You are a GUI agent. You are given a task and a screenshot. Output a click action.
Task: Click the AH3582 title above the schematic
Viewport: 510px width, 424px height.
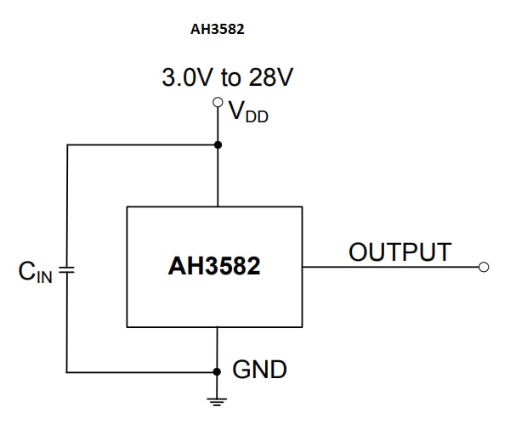point(218,28)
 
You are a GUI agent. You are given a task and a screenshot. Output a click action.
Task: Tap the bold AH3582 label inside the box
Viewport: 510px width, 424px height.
point(214,267)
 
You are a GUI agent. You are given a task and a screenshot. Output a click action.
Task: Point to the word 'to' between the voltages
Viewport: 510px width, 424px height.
point(231,79)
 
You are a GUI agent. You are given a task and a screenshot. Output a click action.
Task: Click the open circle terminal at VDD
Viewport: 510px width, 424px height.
point(218,104)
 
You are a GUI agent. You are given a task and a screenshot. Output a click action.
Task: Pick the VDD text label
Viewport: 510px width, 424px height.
point(249,112)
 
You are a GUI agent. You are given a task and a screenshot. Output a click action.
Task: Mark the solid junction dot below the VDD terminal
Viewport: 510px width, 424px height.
point(218,144)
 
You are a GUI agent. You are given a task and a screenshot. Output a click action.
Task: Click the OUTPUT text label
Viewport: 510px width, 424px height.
point(399,252)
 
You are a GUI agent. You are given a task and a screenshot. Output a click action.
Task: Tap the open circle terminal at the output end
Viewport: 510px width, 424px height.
point(484,267)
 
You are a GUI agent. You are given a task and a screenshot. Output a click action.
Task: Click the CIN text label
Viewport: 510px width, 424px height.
point(36,272)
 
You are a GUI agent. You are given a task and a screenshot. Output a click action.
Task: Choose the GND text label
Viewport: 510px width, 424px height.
point(260,370)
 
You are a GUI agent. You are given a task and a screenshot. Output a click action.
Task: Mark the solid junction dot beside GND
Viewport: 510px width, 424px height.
point(218,372)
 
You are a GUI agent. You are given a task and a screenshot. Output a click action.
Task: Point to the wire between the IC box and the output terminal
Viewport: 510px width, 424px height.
point(391,267)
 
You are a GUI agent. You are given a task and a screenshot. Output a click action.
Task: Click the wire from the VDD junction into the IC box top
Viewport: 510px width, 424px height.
point(218,176)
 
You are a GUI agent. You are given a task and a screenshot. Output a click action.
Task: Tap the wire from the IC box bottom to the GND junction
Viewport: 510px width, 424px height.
point(218,349)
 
